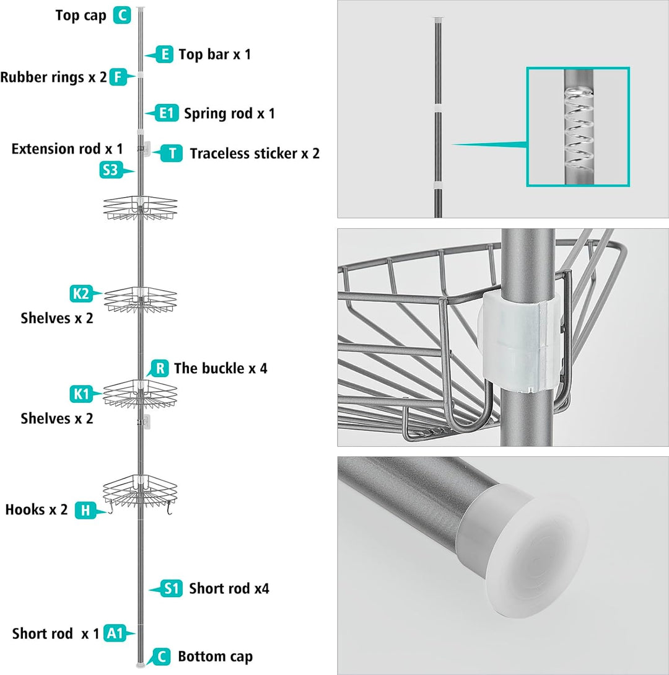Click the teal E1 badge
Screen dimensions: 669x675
click(166, 113)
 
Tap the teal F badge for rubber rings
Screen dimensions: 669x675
click(118, 77)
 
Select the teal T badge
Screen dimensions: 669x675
click(172, 153)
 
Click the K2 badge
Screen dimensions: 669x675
click(81, 294)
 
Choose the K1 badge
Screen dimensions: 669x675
click(81, 394)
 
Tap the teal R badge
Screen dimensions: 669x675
click(160, 369)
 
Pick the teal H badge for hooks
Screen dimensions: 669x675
click(85, 510)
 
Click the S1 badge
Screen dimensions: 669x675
click(172, 588)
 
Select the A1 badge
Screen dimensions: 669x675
click(115, 633)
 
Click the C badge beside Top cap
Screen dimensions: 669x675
click(122, 15)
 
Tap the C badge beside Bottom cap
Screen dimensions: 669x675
click(161, 656)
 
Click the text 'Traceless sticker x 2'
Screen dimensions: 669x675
click(255, 154)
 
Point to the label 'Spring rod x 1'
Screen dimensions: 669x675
click(229, 113)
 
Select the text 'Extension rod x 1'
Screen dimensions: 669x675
click(67, 149)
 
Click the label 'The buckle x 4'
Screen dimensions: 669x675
click(221, 369)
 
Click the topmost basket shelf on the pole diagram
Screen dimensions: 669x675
click(140, 208)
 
